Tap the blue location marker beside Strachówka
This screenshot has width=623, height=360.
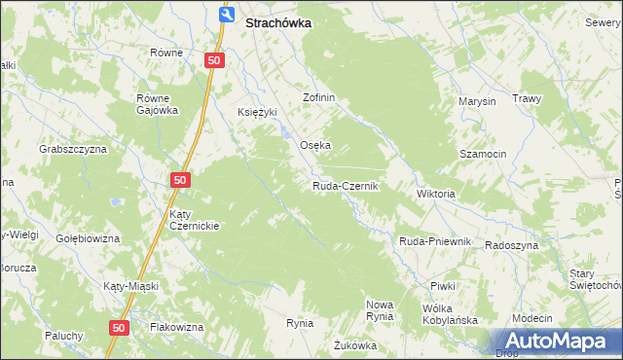coord(227,15)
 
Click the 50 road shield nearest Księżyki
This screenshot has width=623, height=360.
coord(216,60)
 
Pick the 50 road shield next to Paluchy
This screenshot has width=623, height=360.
coord(119,329)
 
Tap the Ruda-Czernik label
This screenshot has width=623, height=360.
coord(345,186)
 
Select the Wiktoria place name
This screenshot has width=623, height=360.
coord(435,194)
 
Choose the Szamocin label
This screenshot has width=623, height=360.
coord(483,155)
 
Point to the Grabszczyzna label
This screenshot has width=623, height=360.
coord(72,149)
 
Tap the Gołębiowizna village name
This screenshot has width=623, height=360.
coord(87,238)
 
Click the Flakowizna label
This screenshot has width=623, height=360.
coord(176,327)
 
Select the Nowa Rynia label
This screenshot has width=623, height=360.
coord(379,310)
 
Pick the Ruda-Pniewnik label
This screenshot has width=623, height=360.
coord(435,241)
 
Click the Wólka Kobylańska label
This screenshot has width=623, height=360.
coord(448,314)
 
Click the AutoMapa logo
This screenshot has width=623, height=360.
coord(559,341)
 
